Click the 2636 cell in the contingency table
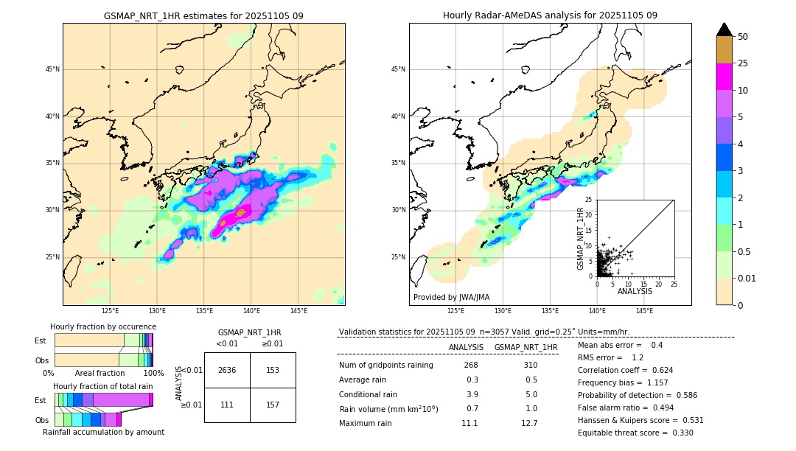click(227, 370)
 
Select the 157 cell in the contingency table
click(273, 405)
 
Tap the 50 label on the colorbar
click(743, 37)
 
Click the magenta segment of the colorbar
click(724, 77)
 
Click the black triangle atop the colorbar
click(724, 29)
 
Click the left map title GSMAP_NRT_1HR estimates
click(203, 15)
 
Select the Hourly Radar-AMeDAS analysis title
click(550, 15)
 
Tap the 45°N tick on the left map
click(52, 69)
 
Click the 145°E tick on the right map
click(644, 311)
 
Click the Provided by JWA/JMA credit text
click(451, 297)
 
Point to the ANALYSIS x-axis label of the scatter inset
click(635, 291)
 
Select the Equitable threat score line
click(635, 433)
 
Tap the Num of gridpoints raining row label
click(385, 366)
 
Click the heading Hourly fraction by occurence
click(103, 326)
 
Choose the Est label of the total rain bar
click(41, 399)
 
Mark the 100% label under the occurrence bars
click(153, 374)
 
